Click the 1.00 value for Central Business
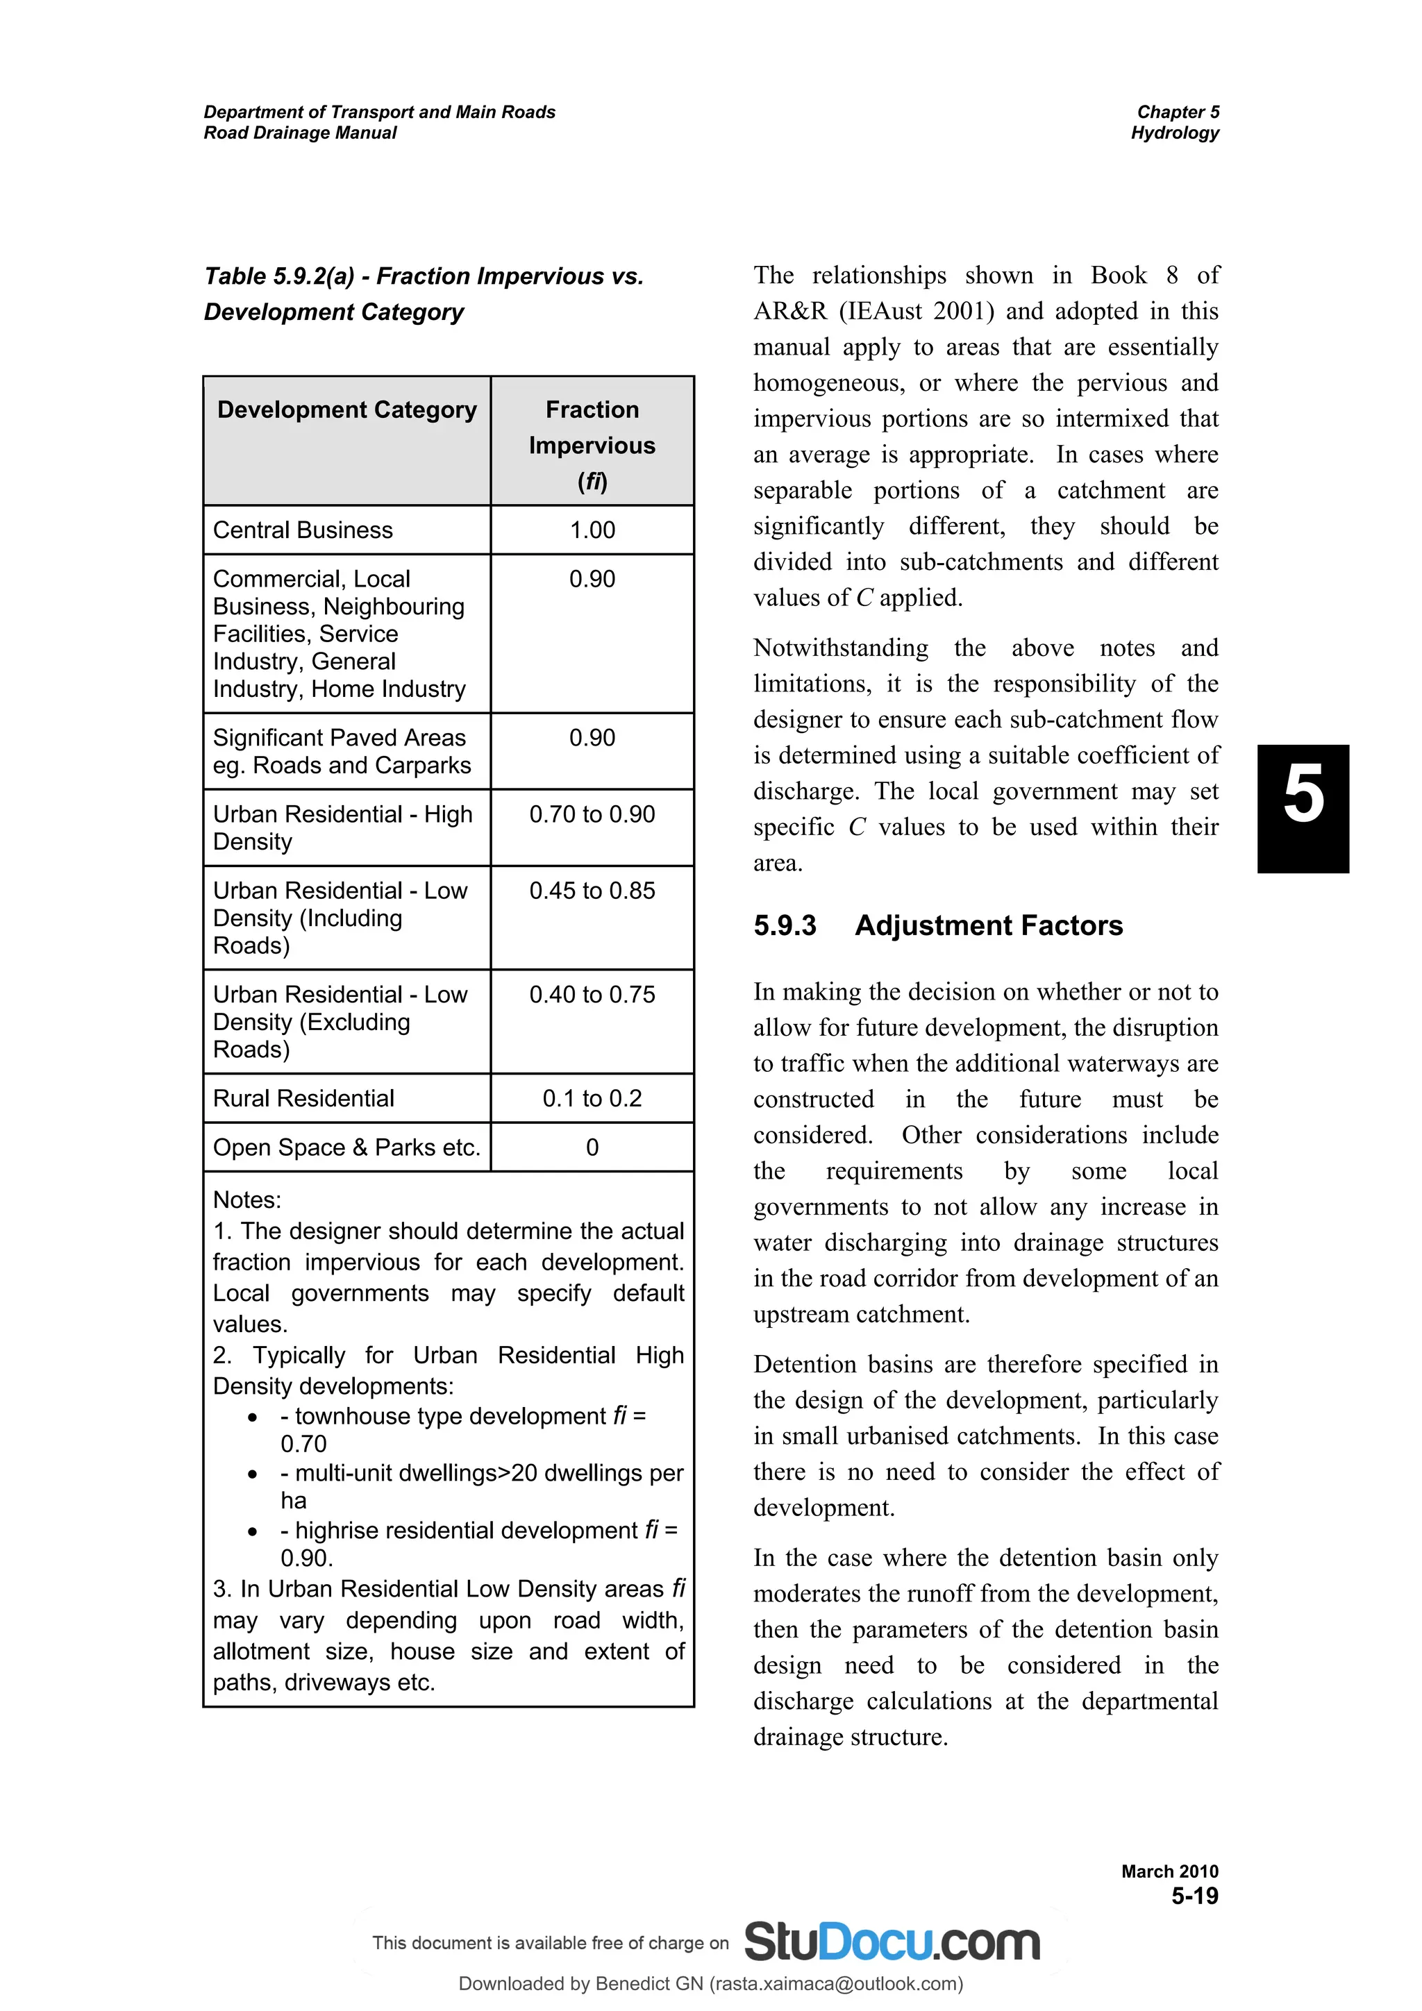click(x=592, y=530)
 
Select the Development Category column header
click(x=347, y=410)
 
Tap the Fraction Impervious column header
click(x=592, y=445)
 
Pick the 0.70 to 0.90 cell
click(x=592, y=814)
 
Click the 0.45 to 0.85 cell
click(x=592, y=891)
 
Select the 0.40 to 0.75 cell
click(x=592, y=995)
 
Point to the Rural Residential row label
click(x=303, y=1098)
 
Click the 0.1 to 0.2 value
click(x=592, y=1098)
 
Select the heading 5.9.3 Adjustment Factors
click(x=937, y=926)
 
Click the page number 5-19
click(x=1195, y=1896)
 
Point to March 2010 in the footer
click(x=1170, y=1871)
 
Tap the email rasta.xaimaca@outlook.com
click(x=837, y=1984)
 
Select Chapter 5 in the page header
click(x=1178, y=112)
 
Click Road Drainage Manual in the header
click(x=300, y=133)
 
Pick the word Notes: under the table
click(x=247, y=1200)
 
